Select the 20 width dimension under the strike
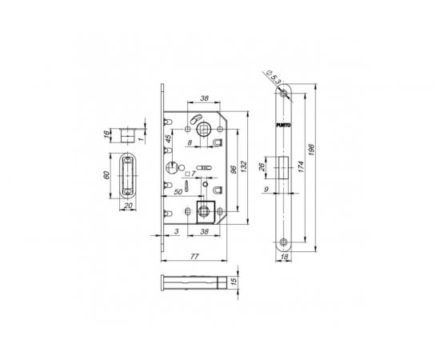[x=127, y=205]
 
